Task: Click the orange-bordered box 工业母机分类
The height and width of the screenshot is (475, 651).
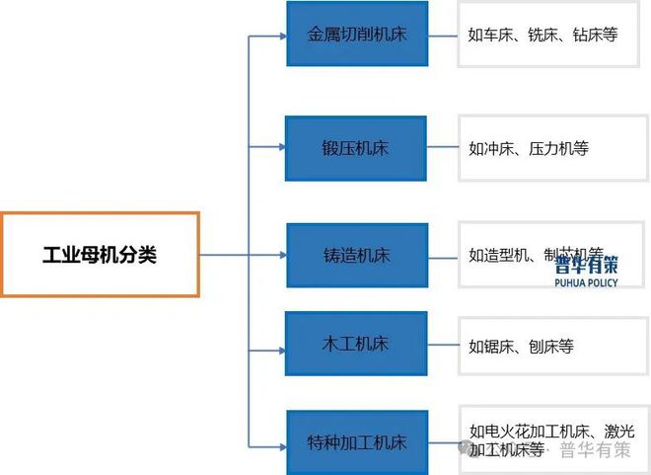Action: coord(100,254)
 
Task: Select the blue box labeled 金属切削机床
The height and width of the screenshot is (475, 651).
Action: coord(357,34)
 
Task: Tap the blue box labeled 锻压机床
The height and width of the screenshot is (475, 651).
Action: coord(356,148)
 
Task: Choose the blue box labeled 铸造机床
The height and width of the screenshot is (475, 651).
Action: coord(356,255)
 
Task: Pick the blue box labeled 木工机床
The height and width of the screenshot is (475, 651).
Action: coord(356,344)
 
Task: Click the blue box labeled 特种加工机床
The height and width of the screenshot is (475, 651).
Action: coord(356,443)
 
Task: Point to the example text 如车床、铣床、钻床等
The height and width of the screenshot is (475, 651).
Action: coord(542,35)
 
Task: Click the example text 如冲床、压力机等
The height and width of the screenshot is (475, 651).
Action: coord(529,149)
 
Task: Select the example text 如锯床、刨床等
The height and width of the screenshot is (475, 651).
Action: coord(521,346)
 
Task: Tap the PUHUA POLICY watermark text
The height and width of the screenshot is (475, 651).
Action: coord(586,282)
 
